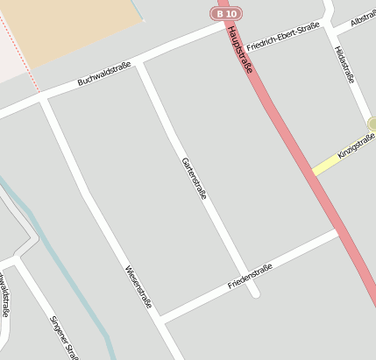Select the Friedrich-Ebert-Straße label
click(x=282, y=37)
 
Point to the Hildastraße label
click(x=344, y=65)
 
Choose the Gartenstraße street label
click(x=194, y=178)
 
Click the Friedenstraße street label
click(x=250, y=277)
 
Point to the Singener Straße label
click(x=64, y=337)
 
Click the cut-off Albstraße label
click(x=362, y=19)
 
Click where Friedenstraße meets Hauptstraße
click(x=338, y=231)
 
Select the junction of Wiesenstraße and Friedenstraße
click(x=161, y=317)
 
